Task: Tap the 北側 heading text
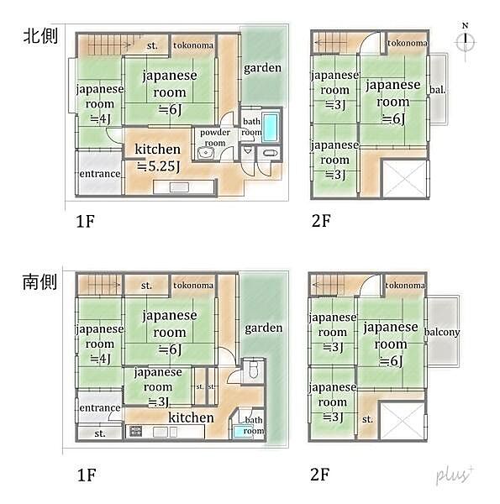point(39,39)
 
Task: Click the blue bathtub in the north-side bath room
point(273,127)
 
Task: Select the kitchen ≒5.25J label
point(157,157)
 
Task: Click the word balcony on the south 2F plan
point(442,333)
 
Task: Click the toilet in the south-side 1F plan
point(252,371)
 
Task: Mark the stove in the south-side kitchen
point(135,432)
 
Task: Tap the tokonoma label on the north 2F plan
point(407,43)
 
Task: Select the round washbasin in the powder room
point(207,153)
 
